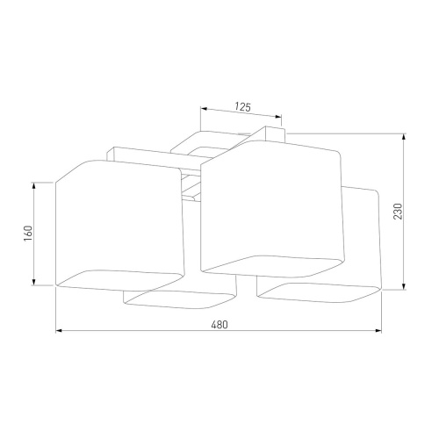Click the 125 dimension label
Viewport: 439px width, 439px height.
tap(243, 107)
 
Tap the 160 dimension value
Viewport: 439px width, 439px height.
tap(28, 234)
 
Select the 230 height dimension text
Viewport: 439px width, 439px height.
tap(398, 212)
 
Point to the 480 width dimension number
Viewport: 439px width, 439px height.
tap(219, 325)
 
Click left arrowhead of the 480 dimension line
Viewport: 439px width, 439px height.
tap(59, 331)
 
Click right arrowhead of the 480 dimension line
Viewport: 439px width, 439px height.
tap(378, 331)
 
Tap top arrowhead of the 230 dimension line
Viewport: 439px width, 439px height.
tap(404, 137)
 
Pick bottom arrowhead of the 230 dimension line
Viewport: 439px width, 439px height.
tap(404, 286)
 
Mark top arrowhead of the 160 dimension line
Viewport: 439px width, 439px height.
tap(34, 185)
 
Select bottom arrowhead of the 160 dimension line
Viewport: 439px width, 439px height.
tap(34, 282)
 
